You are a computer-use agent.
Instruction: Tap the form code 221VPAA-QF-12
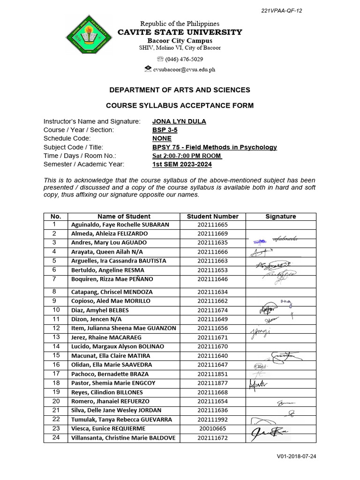coord(282,11)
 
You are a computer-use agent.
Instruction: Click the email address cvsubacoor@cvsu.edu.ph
coord(180,69)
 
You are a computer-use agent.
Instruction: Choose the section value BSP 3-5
coord(165,130)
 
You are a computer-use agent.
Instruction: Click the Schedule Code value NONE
coord(162,139)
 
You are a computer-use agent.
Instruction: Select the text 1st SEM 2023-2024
coord(182,164)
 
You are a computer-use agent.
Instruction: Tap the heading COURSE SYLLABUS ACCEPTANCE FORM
coord(180,105)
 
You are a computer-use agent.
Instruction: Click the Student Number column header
coord(212,216)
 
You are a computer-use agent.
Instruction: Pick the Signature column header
coord(280,216)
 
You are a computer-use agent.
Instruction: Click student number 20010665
coord(212,428)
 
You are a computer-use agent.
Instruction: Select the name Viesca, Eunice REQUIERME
coord(108,428)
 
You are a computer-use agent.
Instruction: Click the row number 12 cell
coord(56,328)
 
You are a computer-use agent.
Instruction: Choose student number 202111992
coord(212,420)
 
